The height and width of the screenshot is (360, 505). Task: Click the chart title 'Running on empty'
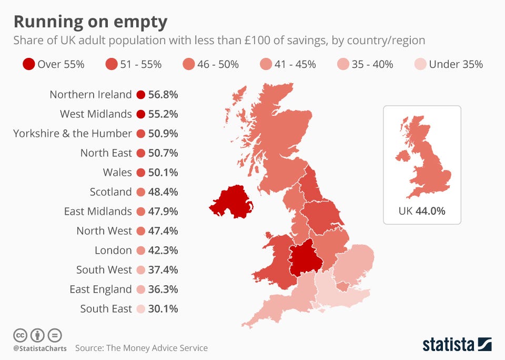tap(90, 22)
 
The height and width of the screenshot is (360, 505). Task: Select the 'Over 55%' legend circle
tap(28, 64)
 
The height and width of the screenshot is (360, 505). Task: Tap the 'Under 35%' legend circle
tap(420, 64)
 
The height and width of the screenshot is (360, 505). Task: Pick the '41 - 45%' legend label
tap(295, 64)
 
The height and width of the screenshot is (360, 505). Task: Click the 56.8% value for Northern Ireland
tap(163, 95)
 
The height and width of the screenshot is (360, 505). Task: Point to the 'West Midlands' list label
tap(96, 114)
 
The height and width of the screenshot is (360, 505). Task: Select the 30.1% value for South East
tap(163, 309)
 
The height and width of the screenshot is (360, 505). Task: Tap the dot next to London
tap(141, 251)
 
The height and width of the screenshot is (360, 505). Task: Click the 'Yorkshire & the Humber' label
tap(73, 134)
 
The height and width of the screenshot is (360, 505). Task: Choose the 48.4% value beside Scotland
tap(163, 192)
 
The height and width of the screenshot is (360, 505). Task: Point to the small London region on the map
tap(342, 286)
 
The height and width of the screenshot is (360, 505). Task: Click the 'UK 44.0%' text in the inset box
tap(422, 211)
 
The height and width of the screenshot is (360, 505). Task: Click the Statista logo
tap(457, 345)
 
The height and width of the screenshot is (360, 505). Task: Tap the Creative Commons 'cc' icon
tap(20, 335)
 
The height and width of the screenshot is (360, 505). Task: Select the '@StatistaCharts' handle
tap(40, 348)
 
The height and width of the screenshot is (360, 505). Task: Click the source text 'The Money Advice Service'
tap(157, 348)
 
